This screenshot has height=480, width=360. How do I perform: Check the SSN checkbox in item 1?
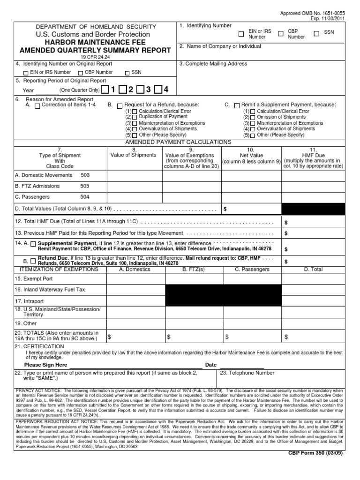(317, 34)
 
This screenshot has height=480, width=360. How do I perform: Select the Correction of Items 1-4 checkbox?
(37, 105)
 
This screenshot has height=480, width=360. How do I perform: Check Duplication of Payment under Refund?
(135, 117)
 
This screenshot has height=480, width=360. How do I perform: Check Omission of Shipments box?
(253, 117)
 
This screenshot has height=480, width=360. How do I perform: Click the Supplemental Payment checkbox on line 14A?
(33, 244)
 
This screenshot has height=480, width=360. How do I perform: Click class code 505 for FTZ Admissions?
(84, 186)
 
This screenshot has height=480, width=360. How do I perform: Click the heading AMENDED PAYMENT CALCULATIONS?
(178, 142)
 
